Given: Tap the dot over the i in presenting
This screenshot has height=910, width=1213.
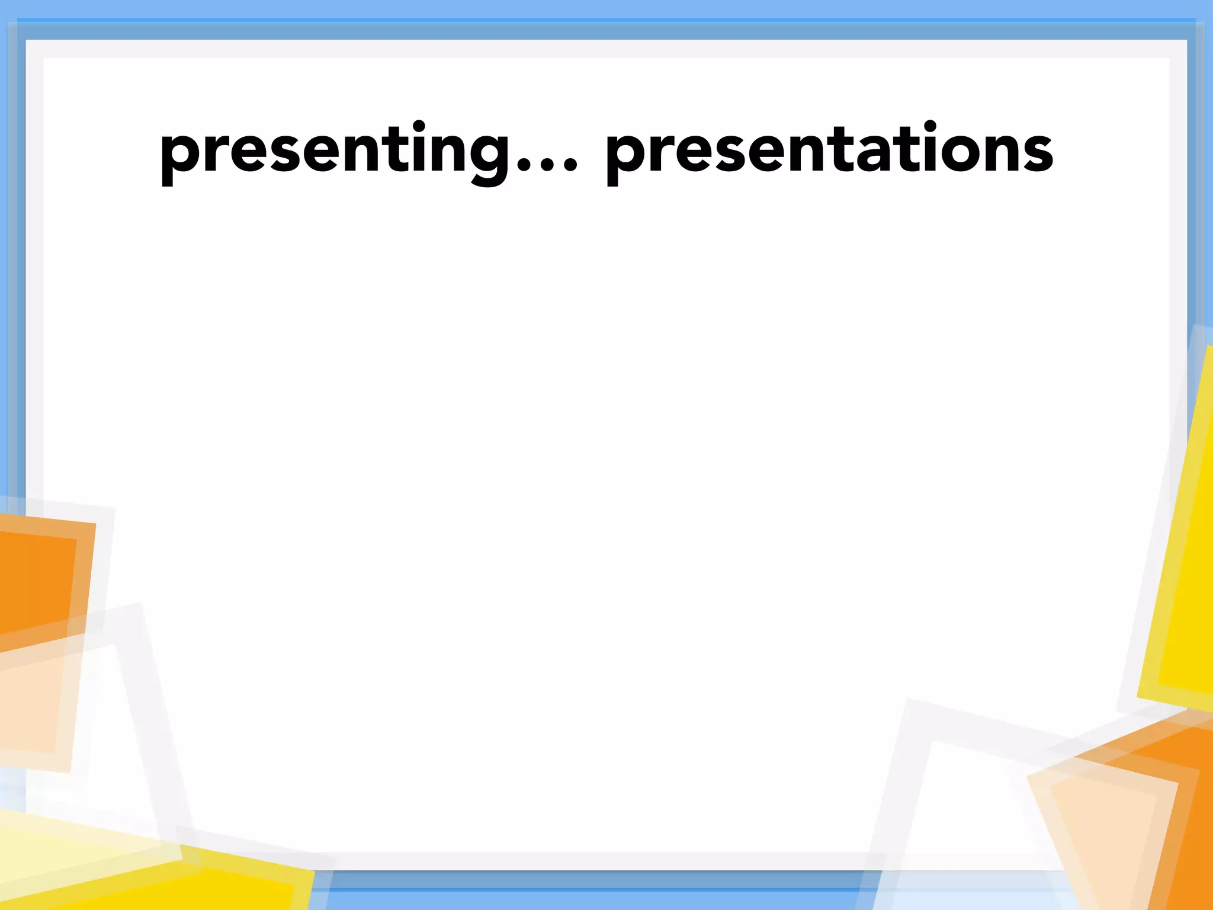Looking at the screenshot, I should coord(419,126).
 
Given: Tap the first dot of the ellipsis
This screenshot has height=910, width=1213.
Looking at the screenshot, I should coord(523,166).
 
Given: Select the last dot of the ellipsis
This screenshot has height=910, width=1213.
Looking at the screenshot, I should coord(570,166).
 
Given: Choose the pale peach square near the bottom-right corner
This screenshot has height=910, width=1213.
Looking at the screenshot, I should coord(1102,829).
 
